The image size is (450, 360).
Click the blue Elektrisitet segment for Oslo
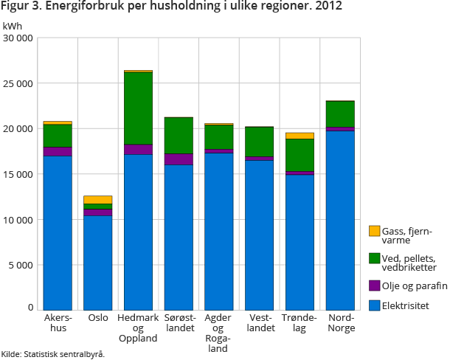click(x=97, y=262)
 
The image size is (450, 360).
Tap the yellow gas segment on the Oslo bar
click(x=97, y=199)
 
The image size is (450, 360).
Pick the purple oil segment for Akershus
click(x=58, y=151)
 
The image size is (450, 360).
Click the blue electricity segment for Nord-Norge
click(x=340, y=221)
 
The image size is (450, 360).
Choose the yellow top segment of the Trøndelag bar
click(x=300, y=136)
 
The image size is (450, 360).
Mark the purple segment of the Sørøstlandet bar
click(x=178, y=159)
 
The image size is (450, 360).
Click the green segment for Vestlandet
click(x=260, y=142)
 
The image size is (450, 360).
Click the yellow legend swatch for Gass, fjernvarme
click(x=375, y=232)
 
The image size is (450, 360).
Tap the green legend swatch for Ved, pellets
click(x=375, y=258)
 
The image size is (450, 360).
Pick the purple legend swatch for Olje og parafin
click(x=375, y=285)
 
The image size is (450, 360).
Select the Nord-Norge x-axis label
click(x=340, y=322)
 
